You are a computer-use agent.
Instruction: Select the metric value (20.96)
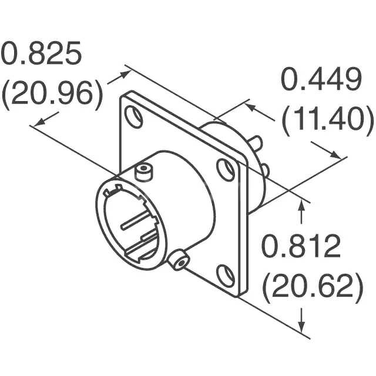[52, 94]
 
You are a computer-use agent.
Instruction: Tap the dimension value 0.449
[321, 80]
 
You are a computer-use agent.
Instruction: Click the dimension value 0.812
[301, 247]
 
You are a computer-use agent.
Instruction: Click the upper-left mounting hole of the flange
[135, 117]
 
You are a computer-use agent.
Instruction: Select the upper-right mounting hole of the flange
[225, 170]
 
